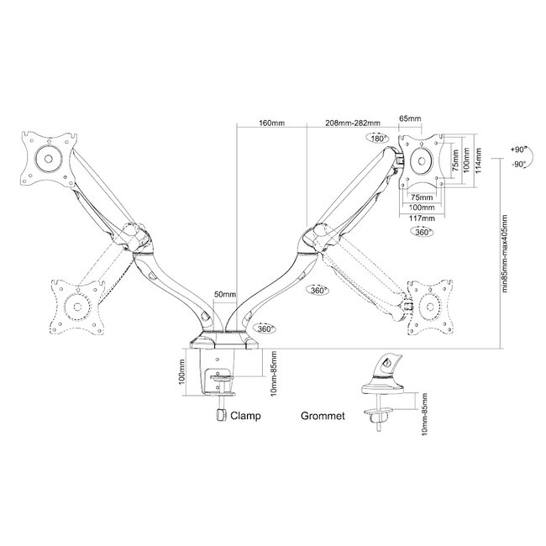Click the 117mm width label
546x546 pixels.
pyautogui.click(x=423, y=218)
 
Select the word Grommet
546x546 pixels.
pyautogui.click(x=322, y=416)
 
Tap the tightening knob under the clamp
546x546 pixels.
pyautogui.click(x=221, y=414)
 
